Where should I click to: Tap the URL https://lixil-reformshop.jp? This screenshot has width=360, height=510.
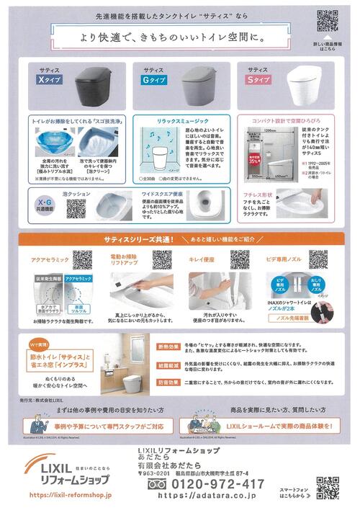[70, 496]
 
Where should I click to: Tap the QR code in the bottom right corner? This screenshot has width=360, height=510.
[328, 488]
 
